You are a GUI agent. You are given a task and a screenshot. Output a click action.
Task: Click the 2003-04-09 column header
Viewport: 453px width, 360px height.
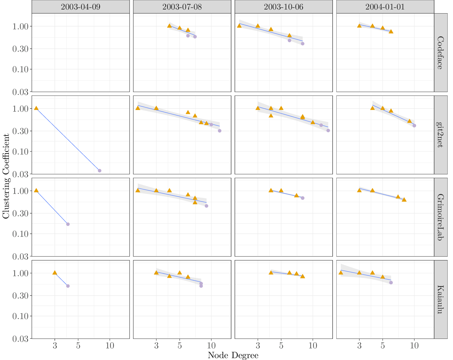point(80,7)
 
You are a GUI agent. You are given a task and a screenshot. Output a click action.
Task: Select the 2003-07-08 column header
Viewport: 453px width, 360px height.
point(182,7)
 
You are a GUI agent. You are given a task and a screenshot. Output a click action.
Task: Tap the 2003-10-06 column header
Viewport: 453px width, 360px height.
point(283,7)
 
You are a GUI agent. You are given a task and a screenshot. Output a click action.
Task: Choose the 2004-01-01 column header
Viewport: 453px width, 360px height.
point(385,7)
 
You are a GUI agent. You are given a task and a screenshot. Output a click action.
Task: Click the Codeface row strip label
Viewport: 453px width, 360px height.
point(441,52)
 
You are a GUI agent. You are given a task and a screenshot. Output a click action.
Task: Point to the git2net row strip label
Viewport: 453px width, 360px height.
point(441,135)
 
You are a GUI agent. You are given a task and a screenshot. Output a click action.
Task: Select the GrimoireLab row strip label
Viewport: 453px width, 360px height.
point(441,217)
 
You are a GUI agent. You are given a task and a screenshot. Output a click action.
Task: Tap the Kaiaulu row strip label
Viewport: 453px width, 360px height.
point(441,299)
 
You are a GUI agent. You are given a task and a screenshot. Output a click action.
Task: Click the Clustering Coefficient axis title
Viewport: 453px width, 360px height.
point(6,176)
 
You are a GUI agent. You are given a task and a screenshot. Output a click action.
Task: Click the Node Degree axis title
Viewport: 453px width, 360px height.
point(233,355)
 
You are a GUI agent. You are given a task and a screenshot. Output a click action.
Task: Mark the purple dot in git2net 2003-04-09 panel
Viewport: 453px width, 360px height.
point(100,171)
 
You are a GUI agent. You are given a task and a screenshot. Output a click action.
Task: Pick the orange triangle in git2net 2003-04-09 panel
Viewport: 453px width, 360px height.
point(36,108)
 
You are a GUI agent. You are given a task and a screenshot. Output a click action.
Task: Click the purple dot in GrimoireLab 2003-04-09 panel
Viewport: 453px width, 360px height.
point(68,224)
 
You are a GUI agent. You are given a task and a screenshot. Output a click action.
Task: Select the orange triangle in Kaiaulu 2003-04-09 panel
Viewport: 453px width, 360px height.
point(55,273)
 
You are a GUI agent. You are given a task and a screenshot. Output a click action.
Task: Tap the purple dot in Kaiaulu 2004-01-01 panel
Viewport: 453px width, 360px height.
point(391,282)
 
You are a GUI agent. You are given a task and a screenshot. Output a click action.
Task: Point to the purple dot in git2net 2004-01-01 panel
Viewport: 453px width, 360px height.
point(414,125)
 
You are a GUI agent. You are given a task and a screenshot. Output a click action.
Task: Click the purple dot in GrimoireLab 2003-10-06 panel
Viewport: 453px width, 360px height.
point(303,198)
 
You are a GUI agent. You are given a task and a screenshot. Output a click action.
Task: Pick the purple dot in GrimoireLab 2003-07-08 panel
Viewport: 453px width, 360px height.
point(206,206)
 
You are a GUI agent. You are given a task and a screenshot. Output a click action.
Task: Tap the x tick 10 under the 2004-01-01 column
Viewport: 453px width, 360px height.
point(414,345)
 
